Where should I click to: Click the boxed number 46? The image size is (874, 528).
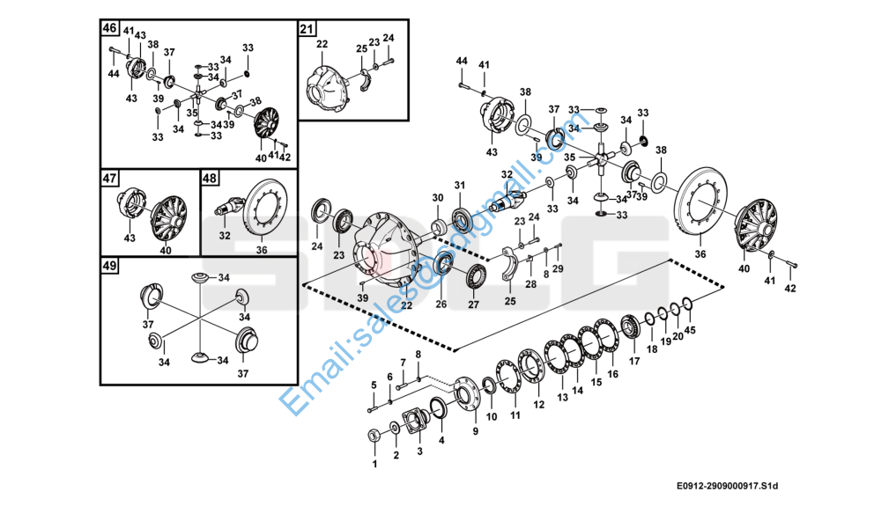(109, 28)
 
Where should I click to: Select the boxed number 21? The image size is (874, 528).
(307, 28)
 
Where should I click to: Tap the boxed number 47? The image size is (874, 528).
(109, 179)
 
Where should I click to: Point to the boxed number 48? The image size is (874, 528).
(210, 179)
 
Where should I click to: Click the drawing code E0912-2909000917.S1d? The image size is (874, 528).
(728, 485)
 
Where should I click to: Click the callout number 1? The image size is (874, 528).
(374, 463)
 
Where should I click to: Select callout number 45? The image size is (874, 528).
(689, 330)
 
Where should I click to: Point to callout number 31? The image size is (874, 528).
(459, 185)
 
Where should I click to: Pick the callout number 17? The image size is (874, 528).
(633, 361)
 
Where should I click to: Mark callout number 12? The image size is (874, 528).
(539, 405)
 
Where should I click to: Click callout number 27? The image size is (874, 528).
(473, 304)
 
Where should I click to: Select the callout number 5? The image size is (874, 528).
(373, 385)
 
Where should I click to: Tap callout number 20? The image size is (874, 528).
(677, 336)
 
